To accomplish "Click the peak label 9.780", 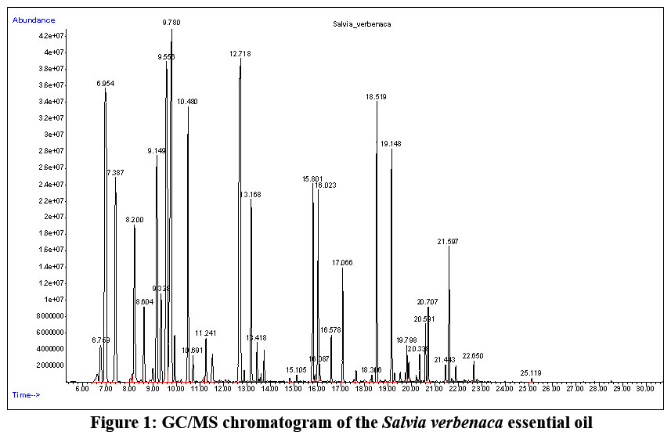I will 171,23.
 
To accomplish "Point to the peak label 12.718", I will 240,54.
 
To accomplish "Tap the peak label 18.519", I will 376,97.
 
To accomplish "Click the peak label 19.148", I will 391,144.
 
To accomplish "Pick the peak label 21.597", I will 448,242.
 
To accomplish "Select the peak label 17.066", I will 342,262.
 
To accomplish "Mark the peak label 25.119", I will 531,373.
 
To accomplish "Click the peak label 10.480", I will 187,102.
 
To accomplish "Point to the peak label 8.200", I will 135,220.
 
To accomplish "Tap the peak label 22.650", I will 473,356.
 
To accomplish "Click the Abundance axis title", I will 34,20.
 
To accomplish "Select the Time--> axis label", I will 25,394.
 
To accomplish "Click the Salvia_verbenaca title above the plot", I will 363,24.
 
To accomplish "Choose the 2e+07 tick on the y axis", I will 56,217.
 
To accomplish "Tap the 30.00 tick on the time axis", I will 645,387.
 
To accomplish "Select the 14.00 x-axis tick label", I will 269,387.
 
